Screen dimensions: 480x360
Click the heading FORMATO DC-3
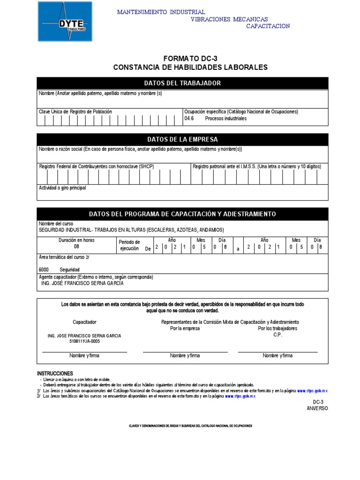point(190,58)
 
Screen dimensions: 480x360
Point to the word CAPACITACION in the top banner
point(268,26)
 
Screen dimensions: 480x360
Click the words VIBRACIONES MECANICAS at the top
point(229,19)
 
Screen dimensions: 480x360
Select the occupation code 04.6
point(189,119)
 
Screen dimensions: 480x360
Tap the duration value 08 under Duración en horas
point(76,247)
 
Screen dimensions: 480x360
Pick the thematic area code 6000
point(44,270)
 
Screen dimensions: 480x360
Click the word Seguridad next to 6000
point(69,270)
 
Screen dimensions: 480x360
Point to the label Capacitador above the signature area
point(84,322)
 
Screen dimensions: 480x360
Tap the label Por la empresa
point(185,329)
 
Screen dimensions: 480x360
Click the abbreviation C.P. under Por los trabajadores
point(277,335)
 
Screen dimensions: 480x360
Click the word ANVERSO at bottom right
point(317,408)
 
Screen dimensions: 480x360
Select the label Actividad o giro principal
point(62,188)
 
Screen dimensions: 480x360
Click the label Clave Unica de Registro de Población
point(75,112)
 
